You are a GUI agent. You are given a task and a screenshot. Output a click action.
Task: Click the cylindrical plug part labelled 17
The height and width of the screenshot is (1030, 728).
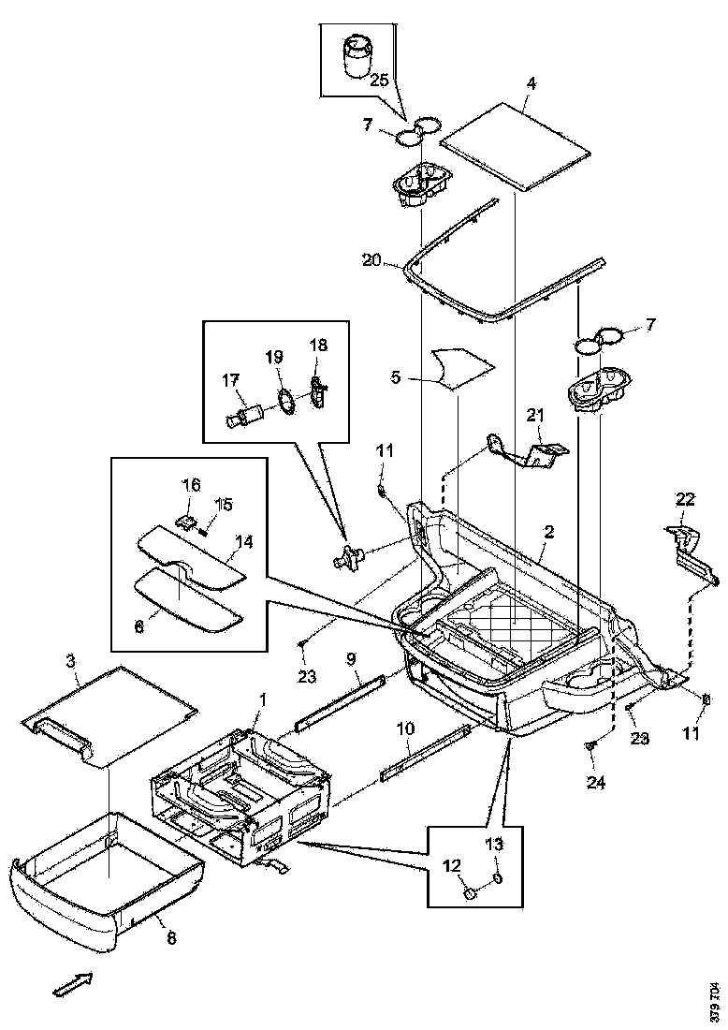point(245,413)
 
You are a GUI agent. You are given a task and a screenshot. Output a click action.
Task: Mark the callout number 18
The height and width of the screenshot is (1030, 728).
point(318,346)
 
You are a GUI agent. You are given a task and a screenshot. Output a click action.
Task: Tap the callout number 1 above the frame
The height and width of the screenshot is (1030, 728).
point(263,700)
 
